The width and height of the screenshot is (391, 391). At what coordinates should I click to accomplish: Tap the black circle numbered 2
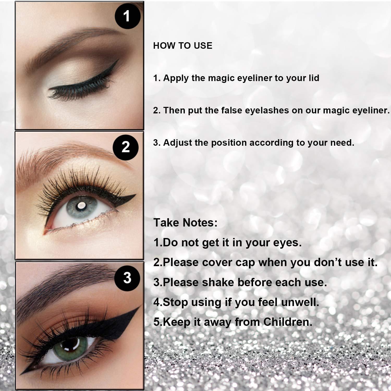[x=126, y=147]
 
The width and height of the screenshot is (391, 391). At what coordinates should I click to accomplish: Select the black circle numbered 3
[x=127, y=278]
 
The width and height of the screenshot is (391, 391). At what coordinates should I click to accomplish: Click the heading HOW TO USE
[x=183, y=46]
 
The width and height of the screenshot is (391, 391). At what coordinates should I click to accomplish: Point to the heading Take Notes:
[x=185, y=223]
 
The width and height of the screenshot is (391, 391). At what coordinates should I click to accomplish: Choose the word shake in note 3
[x=218, y=283]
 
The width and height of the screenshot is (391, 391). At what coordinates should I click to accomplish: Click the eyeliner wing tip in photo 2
[x=135, y=195]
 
